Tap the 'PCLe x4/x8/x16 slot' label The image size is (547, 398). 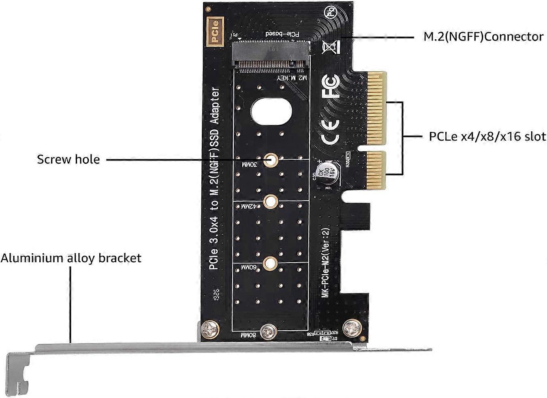487,136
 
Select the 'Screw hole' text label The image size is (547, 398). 68,159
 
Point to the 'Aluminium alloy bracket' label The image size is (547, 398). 71,258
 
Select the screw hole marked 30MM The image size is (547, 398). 271,160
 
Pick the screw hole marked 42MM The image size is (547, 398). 270,201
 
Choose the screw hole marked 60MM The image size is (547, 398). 268,263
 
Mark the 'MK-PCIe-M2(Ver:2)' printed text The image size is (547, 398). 326,263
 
